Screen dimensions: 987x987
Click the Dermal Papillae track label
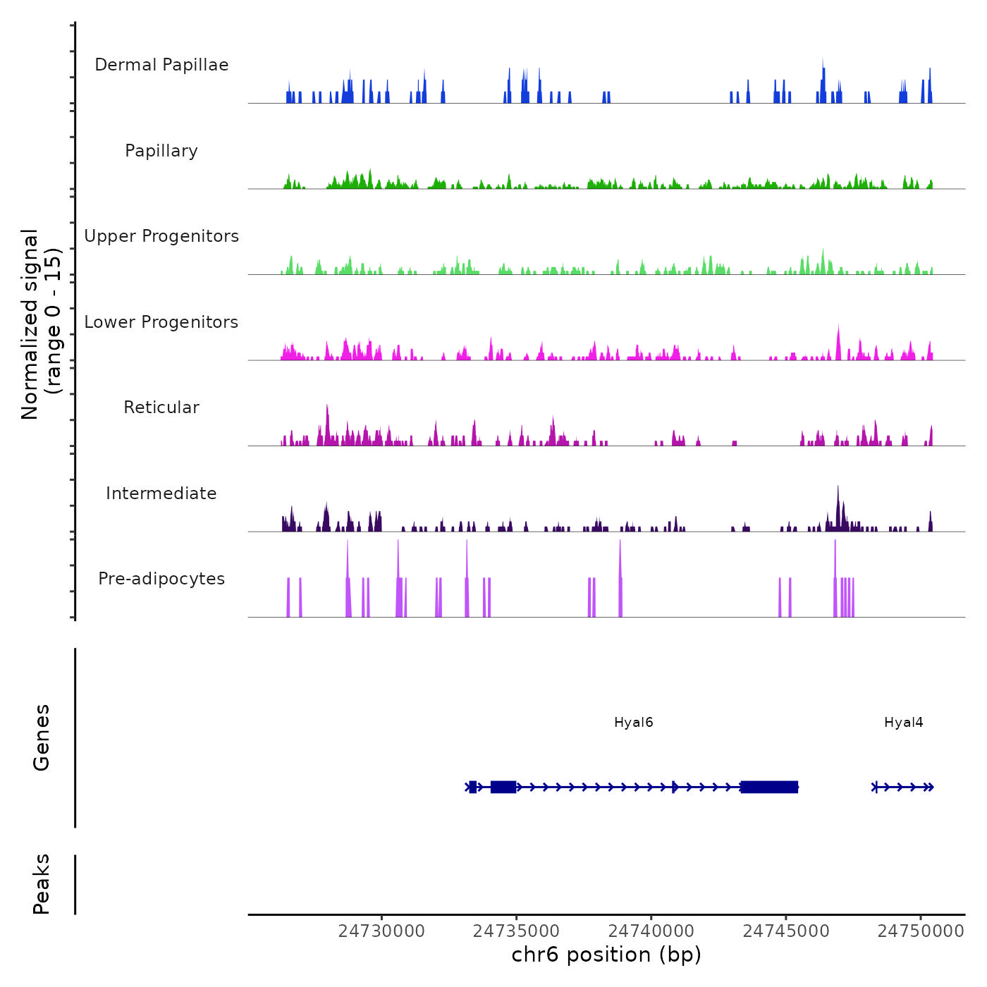(x=161, y=65)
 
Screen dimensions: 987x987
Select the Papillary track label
(x=161, y=151)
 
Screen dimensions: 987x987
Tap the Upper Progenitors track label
(x=161, y=236)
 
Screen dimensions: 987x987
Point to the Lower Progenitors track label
(x=161, y=322)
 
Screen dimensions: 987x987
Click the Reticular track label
(x=161, y=407)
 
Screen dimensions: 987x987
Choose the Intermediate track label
(x=161, y=493)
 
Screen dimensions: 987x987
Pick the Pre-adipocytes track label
(x=161, y=579)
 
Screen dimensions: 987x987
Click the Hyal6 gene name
(x=634, y=722)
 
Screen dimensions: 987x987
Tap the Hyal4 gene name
(x=904, y=722)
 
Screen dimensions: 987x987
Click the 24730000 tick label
(x=381, y=931)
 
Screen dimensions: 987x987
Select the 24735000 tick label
(x=517, y=931)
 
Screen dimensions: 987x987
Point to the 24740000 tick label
(x=651, y=931)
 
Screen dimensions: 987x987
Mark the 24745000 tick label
(x=786, y=931)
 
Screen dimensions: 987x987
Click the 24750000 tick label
(x=921, y=931)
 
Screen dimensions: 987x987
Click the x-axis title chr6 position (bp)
(x=606, y=955)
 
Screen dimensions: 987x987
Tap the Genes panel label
(x=42, y=737)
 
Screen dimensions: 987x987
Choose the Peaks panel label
(x=42, y=884)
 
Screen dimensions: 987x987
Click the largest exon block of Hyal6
(x=769, y=787)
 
